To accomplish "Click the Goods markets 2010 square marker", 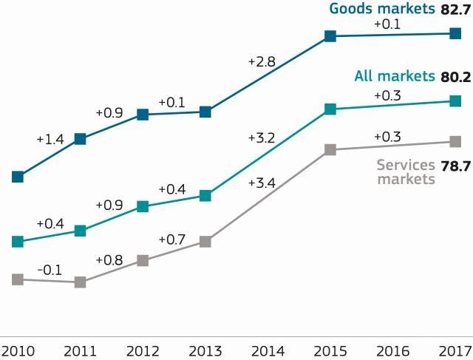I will click(18, 177).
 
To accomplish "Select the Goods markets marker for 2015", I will click(330, 35).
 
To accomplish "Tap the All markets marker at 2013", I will click(205, 196).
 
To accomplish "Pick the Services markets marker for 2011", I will click(81, 282).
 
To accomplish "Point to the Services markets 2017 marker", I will click(455, 141).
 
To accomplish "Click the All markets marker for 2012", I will click(143, 207).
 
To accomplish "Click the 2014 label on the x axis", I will click(268, 349).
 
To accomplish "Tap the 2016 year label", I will click(393, 349).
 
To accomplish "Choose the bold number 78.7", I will click(455, 166).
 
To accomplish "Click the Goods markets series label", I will click(381, 9).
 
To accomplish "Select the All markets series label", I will click(394, 76).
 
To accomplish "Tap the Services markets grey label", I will click(406, 172).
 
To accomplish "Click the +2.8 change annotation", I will click(261, 62).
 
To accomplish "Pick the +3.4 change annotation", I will click(261, 182).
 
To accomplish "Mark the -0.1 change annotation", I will click(50, 270).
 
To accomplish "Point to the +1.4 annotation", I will click(50, 138).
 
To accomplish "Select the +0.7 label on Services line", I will click(171, 240).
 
